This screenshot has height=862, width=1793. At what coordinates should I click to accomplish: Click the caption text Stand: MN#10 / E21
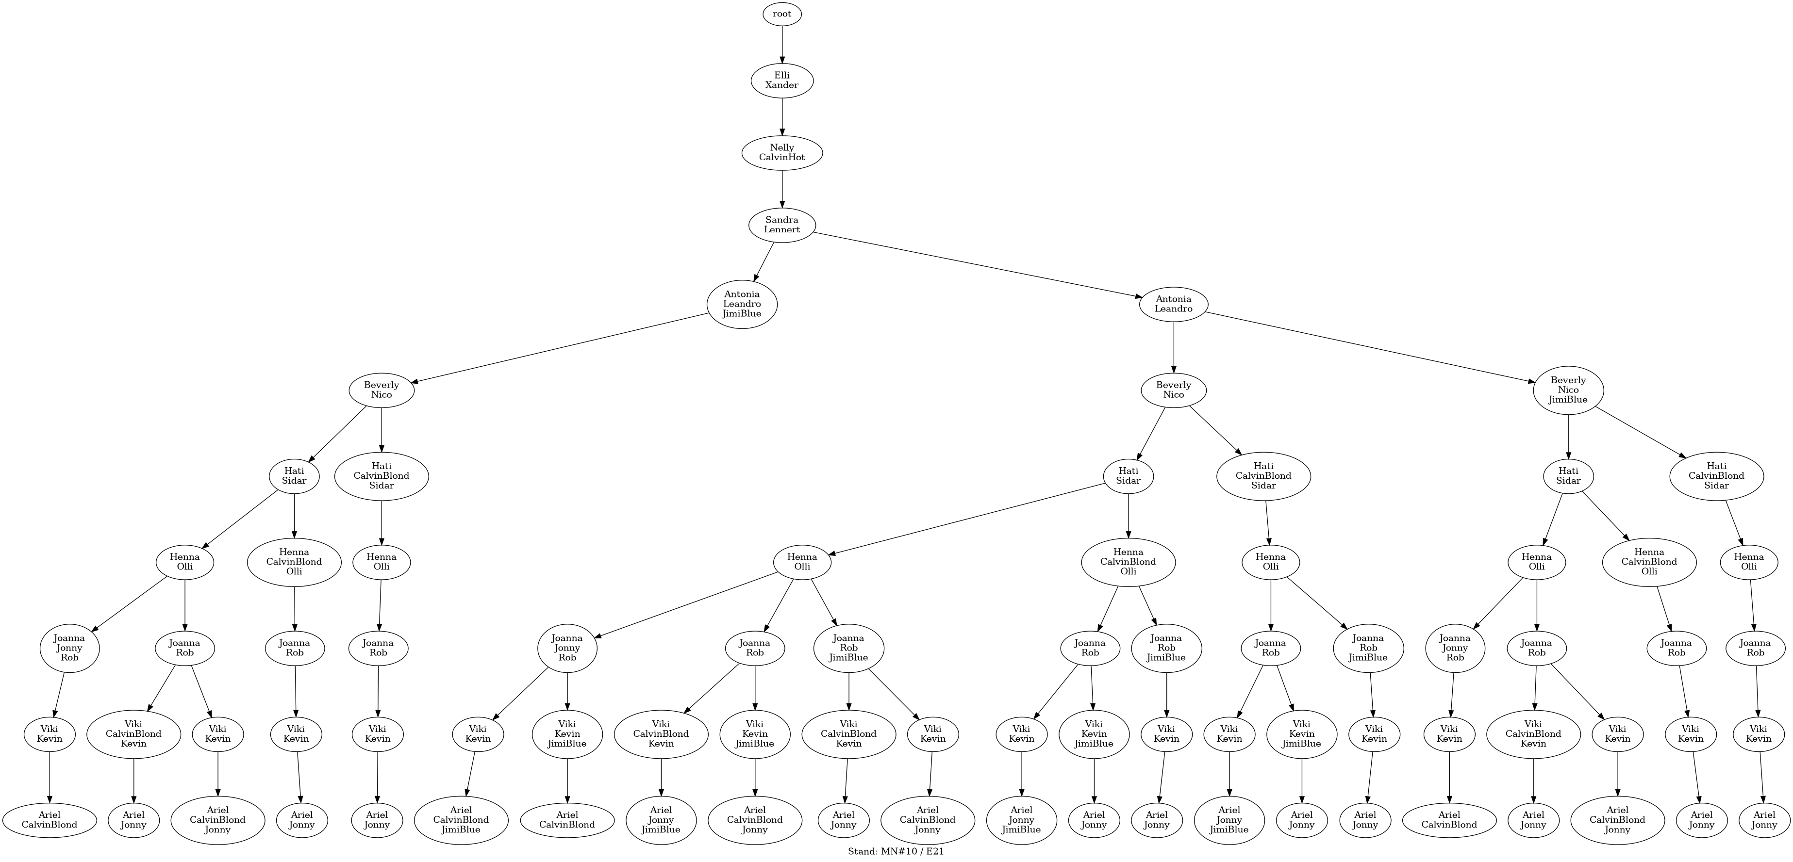coord(896,851)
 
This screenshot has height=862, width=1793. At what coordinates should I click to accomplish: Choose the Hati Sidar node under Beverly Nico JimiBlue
coord(1568,476)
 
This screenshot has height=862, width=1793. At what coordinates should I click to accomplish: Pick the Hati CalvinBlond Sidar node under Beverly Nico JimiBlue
coord(1716,476)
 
